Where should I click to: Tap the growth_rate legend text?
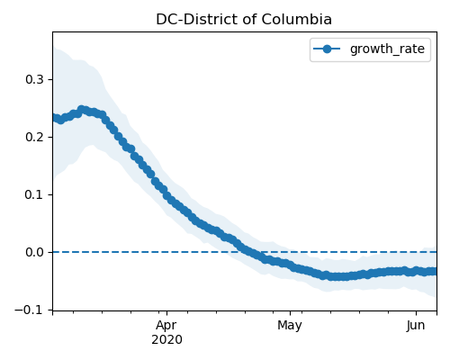pyautogui.click(x=387, y=49)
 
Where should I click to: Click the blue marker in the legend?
pyautogui.click(x=327, y=49)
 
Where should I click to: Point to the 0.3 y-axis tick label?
pyautogui.click(x=34, y=79)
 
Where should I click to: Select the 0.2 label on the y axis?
pyautogui.click(x=34, y=137)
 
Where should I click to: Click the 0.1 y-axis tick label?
pyautogui.click(x=34, y=194)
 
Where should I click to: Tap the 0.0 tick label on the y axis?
pyautogui.click(x=34, y=252)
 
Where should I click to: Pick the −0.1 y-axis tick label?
pyautogui.click(x=29, y=310)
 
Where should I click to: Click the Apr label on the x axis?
pyautogui.click(x=166, y=326)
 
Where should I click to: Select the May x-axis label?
pyautogui.click(x=290, y=326)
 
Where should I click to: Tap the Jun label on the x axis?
pyautogui.click(x=416, y=325)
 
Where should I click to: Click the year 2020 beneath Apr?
pyautogui.click(x=166, y=340)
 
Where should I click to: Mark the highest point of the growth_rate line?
pyautogui.click(x=81, y=109)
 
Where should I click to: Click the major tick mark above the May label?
pyautogui.click(x=290, y=313)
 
